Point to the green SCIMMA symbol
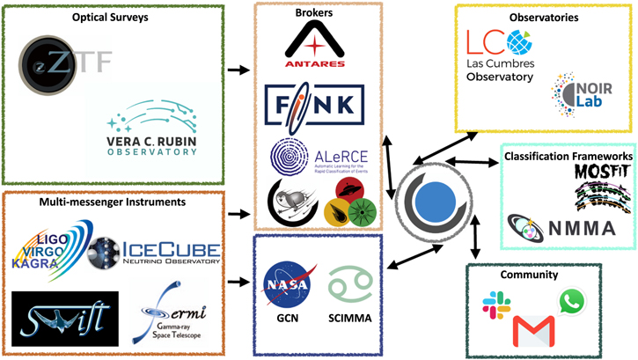[x=343, y=283]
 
